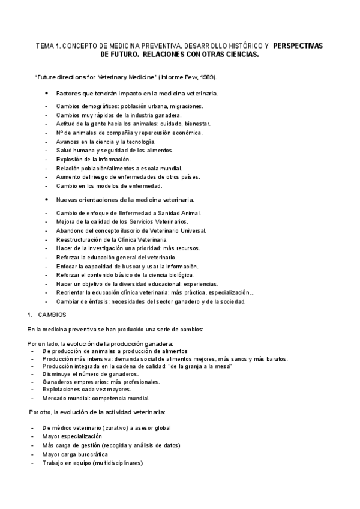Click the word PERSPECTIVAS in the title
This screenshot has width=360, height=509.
[298, 45]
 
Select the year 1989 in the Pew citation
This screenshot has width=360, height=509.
[205, 77]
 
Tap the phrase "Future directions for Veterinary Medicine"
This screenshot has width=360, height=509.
[87, 77]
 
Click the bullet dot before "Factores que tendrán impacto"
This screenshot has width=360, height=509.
[47, 94]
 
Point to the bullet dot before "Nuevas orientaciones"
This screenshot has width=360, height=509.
[47, 199]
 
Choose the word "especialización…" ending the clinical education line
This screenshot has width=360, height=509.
[231, 292]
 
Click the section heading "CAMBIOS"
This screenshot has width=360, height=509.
[52, 315]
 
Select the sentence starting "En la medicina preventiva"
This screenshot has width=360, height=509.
[115, 329]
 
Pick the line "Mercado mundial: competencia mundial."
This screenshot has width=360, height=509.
[96, 397]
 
